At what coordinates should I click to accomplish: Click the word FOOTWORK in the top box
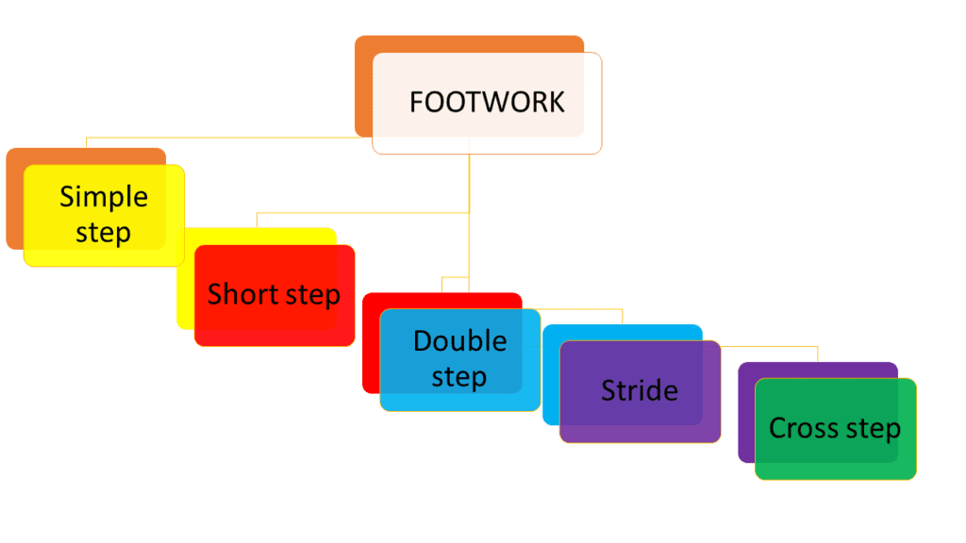(487, 102)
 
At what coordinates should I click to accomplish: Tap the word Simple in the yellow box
(104, 197)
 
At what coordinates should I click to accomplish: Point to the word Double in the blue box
(459, 340)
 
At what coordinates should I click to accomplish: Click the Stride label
(640, 390)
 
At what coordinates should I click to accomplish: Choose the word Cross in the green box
(800, 428)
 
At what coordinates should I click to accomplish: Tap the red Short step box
(274, 325)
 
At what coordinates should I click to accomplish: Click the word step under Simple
(103, 233)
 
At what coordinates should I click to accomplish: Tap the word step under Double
(458, 377)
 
